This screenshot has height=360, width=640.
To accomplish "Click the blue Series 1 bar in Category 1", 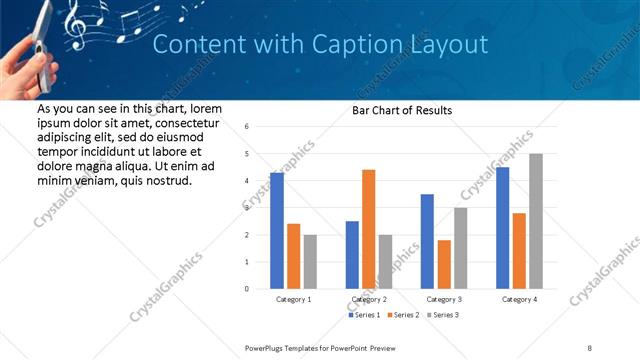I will coord(277,231).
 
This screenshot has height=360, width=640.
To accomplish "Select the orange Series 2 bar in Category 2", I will coord(368,229).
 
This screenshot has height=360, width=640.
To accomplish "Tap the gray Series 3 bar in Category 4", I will coord(536,221).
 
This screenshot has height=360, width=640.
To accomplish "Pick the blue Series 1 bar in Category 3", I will coord(427,241).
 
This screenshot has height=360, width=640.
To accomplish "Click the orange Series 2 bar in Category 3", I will coord(444,264).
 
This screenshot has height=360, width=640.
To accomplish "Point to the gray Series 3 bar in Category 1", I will coord(310,262).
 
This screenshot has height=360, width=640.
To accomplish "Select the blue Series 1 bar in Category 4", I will coord(502,228).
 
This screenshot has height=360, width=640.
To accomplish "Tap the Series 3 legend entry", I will coord(444,315).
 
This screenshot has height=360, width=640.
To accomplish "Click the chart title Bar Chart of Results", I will coord(402,110).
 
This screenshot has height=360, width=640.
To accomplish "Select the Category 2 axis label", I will coord(369,299).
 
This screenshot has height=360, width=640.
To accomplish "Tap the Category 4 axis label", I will coord(519,299).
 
